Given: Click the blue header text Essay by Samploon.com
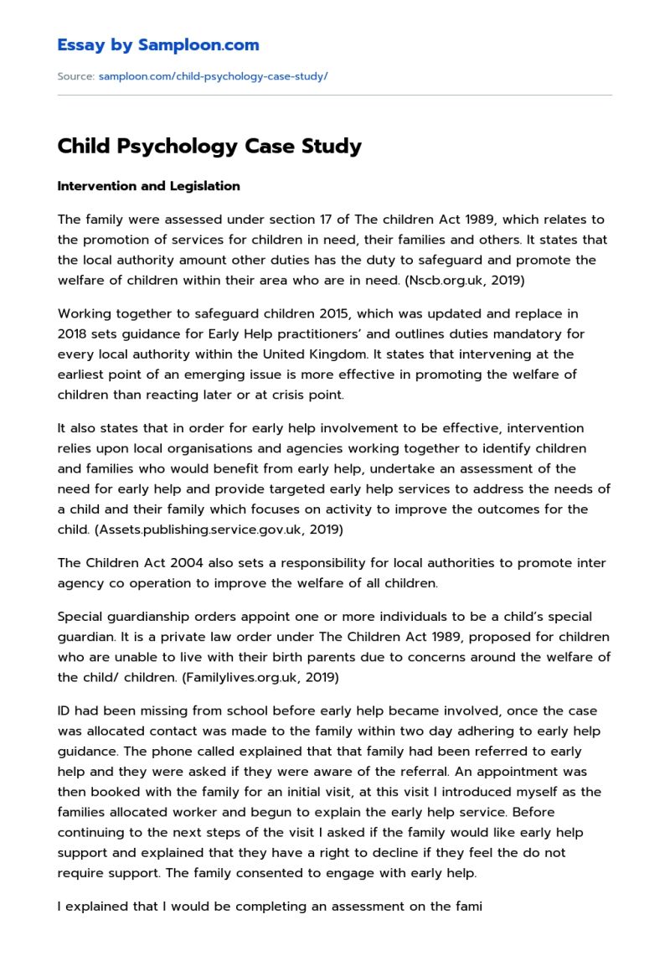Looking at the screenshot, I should click(x=157, y=45).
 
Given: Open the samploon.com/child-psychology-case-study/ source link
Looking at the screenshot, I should click(x=213, y=76).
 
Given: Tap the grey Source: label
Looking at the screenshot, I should click(x=75, y=76).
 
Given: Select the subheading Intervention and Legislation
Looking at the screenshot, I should click(x=148, y=186).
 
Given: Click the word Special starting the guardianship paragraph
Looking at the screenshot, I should click(x=80, y=617).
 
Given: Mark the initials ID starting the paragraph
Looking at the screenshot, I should click(x=64, y=711).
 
